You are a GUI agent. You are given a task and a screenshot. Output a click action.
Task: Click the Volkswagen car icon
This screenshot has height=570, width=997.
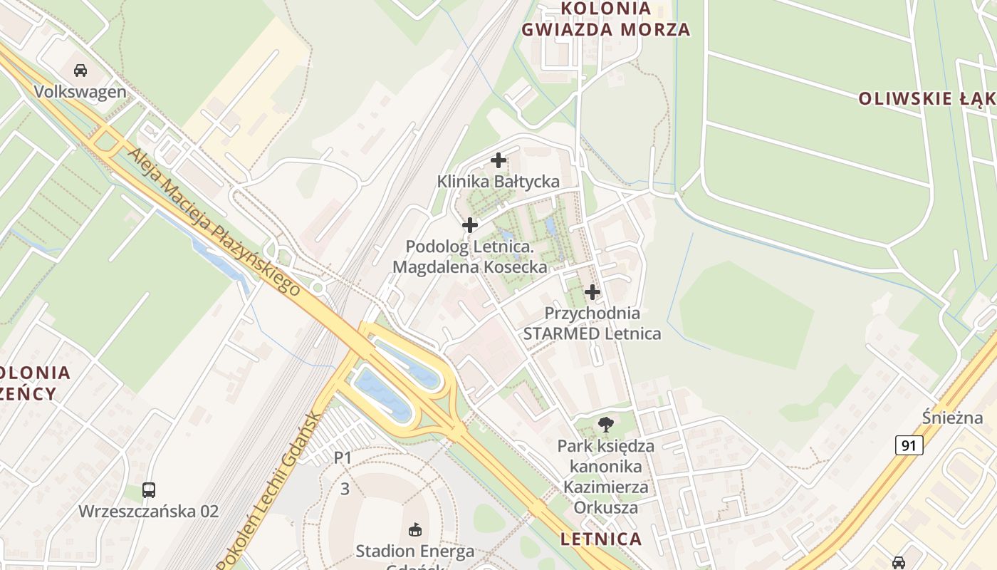tap(80, 70)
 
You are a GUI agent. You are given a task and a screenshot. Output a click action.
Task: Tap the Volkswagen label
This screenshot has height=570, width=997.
tap(80, 92)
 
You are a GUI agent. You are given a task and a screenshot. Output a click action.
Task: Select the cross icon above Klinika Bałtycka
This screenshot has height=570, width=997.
tap(499, 160)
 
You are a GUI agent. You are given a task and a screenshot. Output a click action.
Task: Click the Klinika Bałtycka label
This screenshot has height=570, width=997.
tap(499, 182)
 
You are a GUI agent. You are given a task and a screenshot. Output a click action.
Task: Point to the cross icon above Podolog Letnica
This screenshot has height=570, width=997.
tap(470, 225)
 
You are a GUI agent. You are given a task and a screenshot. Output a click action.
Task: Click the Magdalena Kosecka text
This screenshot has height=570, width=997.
tap(470, 267)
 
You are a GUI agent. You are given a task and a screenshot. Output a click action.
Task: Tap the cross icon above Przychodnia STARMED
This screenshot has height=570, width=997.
tap(593, 291)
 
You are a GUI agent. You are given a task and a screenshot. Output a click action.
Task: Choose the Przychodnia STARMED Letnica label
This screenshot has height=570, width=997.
tap(593, 323)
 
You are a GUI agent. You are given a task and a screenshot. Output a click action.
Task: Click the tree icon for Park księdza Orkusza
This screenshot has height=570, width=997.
tap(606, 425)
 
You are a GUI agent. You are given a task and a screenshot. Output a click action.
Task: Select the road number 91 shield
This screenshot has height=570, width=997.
tap(909, 445)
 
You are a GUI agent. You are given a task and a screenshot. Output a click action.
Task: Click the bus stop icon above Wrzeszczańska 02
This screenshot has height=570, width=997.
tap(149, 489)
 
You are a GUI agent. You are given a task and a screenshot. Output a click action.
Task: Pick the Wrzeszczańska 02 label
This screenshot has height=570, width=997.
tap(149, 511)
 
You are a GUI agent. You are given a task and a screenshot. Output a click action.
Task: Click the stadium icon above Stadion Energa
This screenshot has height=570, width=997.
tap(415, 529)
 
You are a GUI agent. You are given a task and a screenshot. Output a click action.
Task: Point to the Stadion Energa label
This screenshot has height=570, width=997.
tap(415, 551)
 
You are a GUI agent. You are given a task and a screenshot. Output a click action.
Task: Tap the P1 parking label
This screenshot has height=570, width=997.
tap(343, 457)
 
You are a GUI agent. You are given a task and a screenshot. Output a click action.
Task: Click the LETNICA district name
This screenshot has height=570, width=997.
tap(601, 539)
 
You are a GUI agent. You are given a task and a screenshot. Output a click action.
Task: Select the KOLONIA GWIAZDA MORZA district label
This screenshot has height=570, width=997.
tap(606, 19)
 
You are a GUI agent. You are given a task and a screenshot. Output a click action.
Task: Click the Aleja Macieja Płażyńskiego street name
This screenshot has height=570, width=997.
tap(213, 222)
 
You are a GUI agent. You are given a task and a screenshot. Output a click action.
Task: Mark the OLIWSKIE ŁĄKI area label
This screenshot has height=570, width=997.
tap(926, 99)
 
